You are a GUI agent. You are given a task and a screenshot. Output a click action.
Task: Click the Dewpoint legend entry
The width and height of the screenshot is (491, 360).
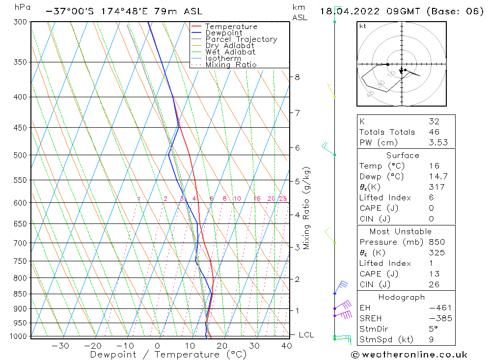pos(223,33)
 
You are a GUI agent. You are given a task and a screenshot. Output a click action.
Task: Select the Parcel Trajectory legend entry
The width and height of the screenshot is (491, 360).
pos(241,39)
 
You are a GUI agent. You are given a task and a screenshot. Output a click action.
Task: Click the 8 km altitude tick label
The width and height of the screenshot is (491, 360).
pos(297,77)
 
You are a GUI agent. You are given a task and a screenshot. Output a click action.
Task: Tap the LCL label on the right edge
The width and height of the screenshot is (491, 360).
pos(306,335)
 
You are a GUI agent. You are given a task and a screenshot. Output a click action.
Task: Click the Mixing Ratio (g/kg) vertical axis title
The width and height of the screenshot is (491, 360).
pos(307,208)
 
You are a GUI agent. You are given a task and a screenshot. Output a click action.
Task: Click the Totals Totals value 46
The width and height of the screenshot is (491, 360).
pos(434,132)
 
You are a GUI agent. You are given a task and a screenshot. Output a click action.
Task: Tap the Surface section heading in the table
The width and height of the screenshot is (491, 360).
pos(403,156)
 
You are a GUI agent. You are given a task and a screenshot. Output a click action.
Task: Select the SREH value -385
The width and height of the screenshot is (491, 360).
pos(439,318)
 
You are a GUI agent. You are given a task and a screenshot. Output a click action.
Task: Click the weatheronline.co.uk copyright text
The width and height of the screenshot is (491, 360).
pos(409,355)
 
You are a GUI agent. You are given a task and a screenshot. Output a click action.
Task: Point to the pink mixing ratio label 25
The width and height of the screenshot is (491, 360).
pos(283,199)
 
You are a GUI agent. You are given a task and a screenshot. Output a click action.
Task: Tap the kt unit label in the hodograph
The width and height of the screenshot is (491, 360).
pos(363,26)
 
